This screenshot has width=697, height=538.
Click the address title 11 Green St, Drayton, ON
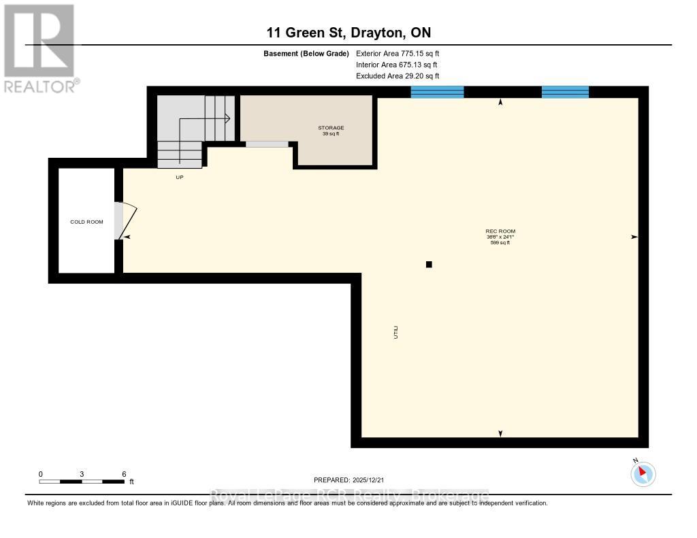click(348, 33)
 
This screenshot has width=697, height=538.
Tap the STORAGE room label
click(331, 128)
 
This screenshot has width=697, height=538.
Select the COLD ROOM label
click(86, 222)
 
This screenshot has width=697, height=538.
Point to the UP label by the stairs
click(180, 177)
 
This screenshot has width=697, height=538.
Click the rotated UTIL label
click(394, 333)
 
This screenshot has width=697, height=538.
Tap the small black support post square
click(429, 265)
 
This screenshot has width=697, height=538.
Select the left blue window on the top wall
click(438, 92)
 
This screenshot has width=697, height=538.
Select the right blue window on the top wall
click(565, 92)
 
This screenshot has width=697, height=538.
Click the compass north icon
click(643, 473)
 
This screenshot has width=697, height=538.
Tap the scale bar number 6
click(124, 474)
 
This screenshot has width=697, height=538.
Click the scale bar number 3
click(82, 474)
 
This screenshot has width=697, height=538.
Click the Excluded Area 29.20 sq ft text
click(398, 76)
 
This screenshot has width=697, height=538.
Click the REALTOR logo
click(39, 48)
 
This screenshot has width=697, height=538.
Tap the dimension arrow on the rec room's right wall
click(634, 237)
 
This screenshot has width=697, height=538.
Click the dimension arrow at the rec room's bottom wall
click(501, 433)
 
